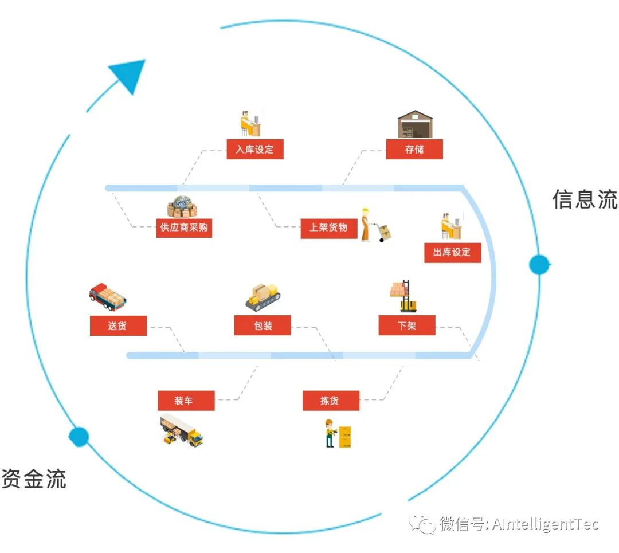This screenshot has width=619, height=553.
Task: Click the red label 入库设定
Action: (x=254, y=150)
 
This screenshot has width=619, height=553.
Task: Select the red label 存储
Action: (x=414, y=150)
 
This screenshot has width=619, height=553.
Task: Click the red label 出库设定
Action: (x=452, y=252)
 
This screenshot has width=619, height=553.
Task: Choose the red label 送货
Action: (x=118, y=326)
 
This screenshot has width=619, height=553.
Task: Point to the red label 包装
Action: (x=263, y=326)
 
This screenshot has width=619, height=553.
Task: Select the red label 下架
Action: (x=406, y=326)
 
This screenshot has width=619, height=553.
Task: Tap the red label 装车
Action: (x=186, y=401)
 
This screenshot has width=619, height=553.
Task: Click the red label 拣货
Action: (x=331, y=401)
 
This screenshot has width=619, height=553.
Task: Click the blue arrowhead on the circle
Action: (x=130, y=74)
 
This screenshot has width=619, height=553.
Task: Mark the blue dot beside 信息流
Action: (x=539, y=265)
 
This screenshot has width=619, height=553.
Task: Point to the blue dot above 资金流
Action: (x=79, y=437)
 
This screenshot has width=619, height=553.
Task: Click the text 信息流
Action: (x=585, y=199)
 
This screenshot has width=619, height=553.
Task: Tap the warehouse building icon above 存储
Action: (x=415, y=124)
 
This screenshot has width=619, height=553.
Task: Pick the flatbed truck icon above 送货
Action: (x=107, y=296)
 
